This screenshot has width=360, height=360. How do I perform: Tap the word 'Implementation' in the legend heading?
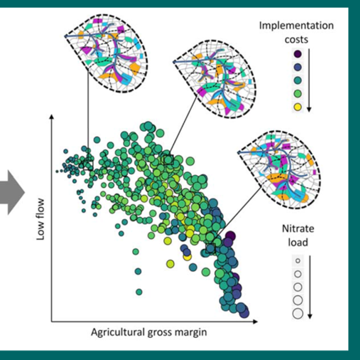pyautogui.click(x=296, y=25)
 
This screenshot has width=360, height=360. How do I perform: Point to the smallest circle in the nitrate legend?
pyautogui.click(x=297, y=261)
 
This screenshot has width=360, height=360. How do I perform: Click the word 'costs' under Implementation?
pyautogui.click(x=296, y=39)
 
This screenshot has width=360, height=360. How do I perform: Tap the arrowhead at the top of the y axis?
pyautogui.click(x=52, y=117)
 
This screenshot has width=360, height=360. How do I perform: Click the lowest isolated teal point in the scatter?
pyautogui.click(x=139, y=292)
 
